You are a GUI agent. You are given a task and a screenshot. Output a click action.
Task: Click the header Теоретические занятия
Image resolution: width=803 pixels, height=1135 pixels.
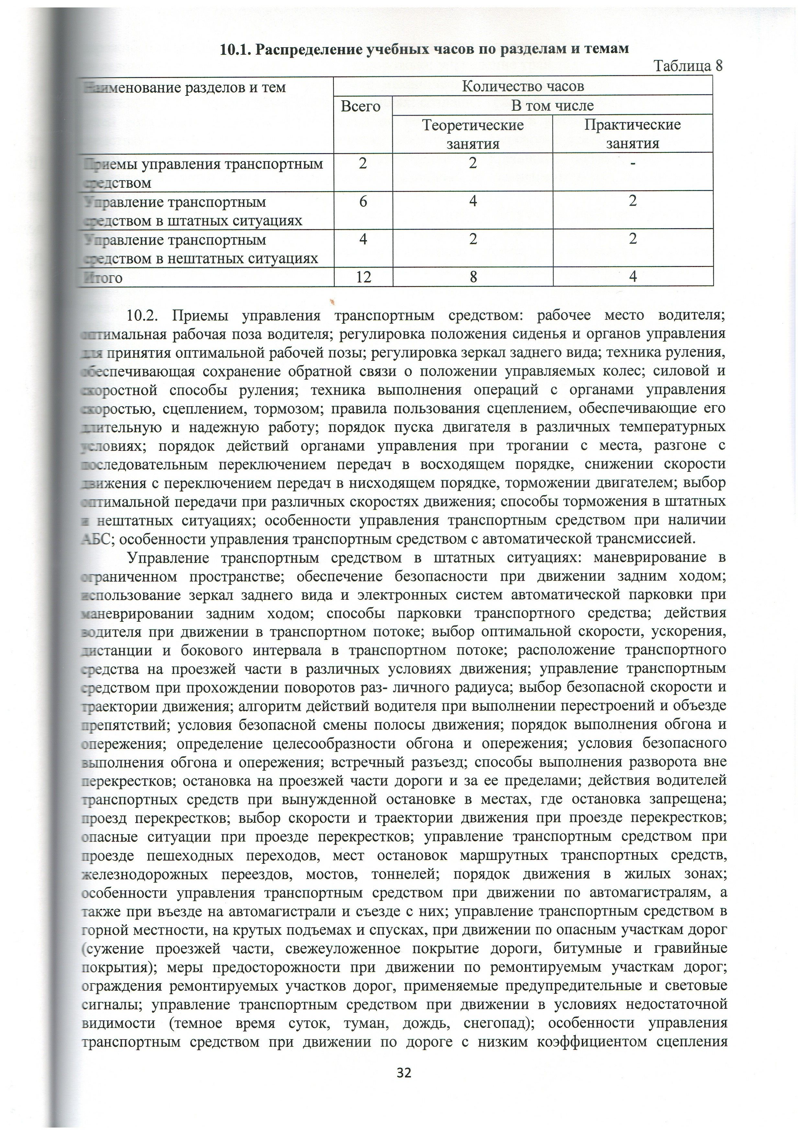(473, 134)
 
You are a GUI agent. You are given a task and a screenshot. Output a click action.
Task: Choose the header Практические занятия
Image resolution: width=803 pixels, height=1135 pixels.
(632, 134)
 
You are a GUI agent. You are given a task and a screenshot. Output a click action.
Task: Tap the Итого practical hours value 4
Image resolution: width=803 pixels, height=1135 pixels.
(632, 277)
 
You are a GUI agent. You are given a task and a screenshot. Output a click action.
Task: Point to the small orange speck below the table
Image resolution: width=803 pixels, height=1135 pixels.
(332, 300)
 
